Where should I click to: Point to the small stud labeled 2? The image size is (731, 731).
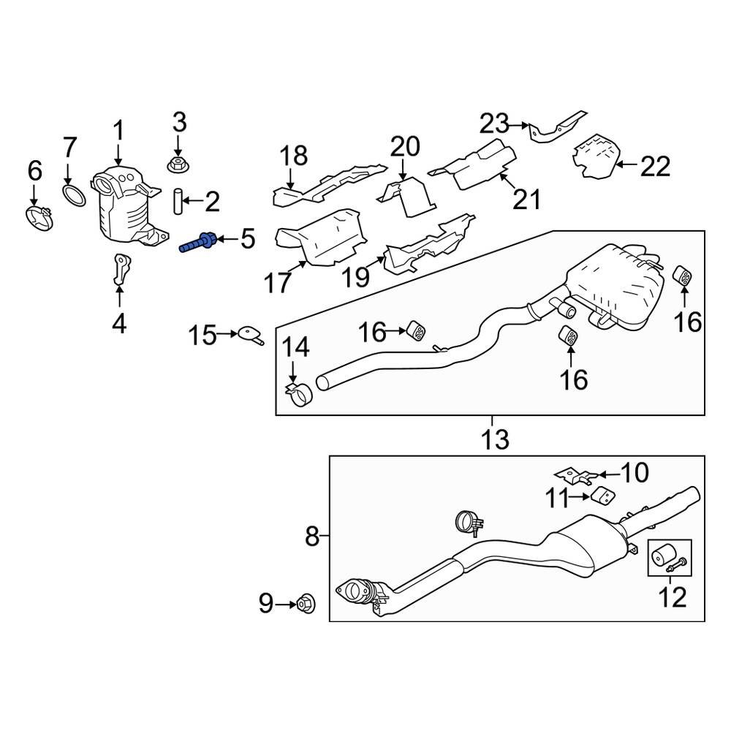pyautogui.click(x=178, y=200)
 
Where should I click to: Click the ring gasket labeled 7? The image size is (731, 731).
pyautogui.click(x=72, y=195)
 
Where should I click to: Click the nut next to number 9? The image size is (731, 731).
pyautogui.click(x=305, y=604)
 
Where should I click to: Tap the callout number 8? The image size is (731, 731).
pyautogui.click(x=312, y=538)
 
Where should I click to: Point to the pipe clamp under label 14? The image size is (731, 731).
pyautogui.click(x=298, y=397)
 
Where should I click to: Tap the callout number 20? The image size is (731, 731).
pyautogui.click(x=405, y=147)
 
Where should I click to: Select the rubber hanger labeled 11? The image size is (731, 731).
pyautogui.click(x=601, y=497)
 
